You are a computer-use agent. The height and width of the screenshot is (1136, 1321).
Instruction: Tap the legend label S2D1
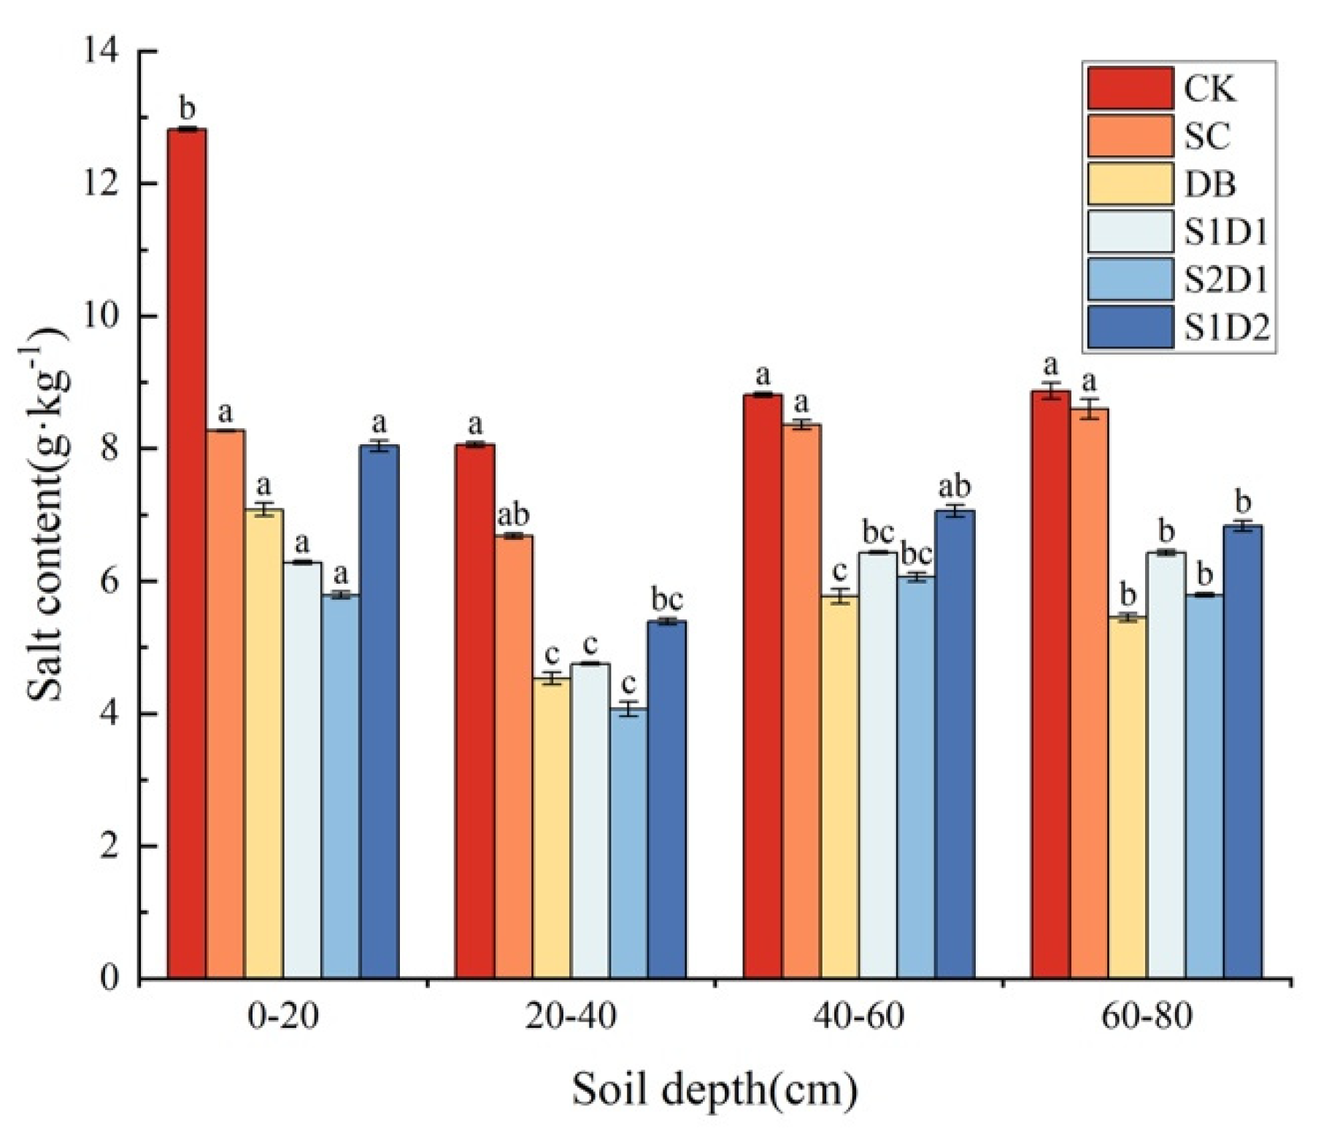(x=1225, y=280)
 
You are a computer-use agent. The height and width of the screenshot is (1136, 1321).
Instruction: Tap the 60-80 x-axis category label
(x=1147, y=1016)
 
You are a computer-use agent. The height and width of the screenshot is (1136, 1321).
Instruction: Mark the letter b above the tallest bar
(x=187, y=109)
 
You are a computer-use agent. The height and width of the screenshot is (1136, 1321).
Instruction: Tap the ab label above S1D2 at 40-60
(x=954, y=487)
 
